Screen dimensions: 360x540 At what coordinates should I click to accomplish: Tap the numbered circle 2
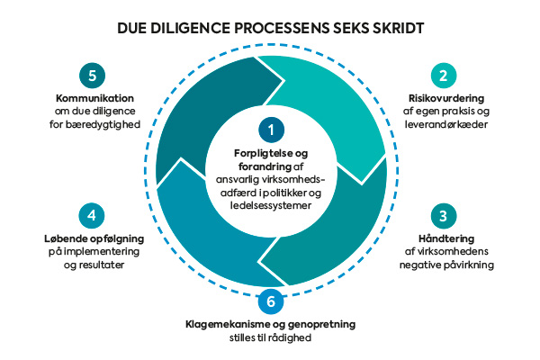click(441, 75)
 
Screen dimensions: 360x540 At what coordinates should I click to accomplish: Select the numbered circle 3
click(441, 217)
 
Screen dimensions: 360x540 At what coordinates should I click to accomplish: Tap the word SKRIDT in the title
click(392, 28)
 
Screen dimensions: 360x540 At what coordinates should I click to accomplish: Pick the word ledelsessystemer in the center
click(270, 205)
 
